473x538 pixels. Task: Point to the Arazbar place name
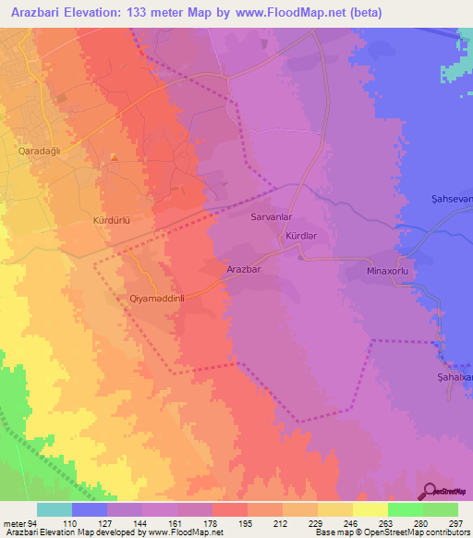(x=244, y=270)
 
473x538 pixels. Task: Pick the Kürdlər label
(x=301, y=237)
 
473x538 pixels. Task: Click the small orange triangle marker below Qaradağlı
(x=114, y=157)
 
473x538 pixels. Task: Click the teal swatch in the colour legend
(x=55, y=509)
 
